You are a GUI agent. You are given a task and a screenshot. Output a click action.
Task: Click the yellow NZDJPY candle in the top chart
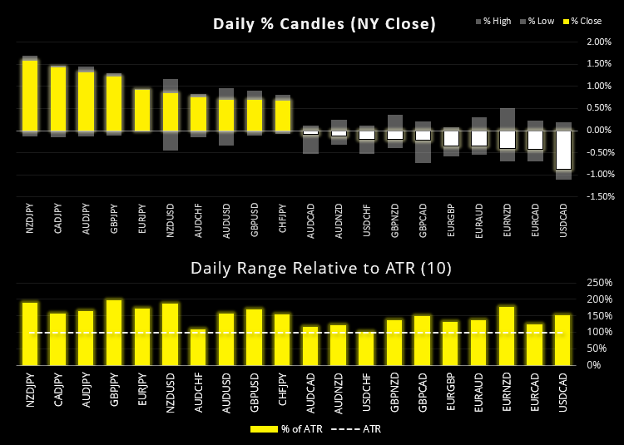coord(30,96)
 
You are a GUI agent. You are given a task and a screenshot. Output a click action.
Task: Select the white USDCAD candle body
coord(563,149)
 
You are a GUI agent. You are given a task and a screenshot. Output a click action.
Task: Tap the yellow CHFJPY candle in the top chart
coord(283,116)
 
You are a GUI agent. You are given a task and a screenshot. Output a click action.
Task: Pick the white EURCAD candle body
coord(535,139)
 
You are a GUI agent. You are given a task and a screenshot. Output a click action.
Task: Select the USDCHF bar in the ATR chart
coord(367,349)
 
